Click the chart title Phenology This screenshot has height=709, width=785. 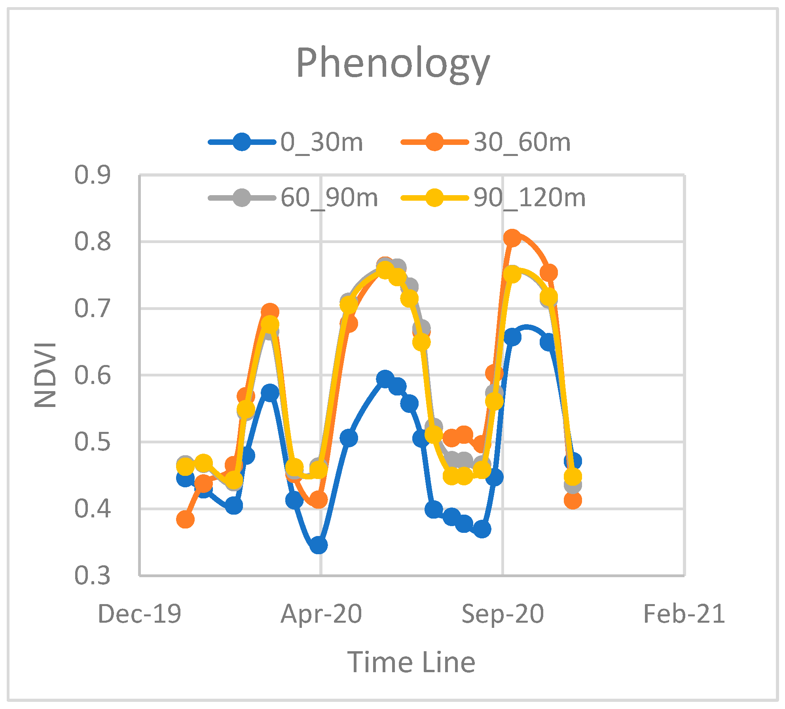pos(393,63)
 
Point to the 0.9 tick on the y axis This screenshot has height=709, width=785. pos(93,175)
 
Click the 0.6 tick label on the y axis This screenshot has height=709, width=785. pos(93,375)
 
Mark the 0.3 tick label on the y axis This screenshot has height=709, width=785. pos(93,575)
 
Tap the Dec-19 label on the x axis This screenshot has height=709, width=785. pos(139,614)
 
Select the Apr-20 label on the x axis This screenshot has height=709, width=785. pos(321,614)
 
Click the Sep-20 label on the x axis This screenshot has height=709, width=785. pos(502,614)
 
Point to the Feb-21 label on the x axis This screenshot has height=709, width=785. pos(684,614)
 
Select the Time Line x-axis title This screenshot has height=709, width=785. pos(411,662)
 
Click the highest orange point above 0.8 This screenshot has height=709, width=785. pos(512,238)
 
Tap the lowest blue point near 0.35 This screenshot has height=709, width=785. pos(319,545)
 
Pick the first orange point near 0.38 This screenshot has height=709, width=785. pos(185,519)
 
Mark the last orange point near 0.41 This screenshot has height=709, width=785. pos(573,500)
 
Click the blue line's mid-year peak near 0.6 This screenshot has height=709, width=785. pos(385,379)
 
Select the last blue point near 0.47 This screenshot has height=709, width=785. pos(573,461)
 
